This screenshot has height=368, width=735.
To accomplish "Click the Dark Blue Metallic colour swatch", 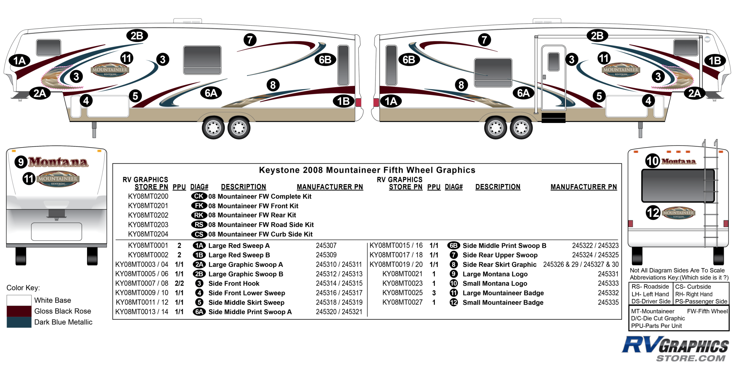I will point(19,322).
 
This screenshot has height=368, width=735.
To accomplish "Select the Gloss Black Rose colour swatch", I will point(19,311).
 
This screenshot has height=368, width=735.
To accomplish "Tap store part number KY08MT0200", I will point(148,196).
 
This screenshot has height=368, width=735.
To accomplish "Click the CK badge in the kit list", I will point(199,196).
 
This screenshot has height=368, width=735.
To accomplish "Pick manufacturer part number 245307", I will point(326,246).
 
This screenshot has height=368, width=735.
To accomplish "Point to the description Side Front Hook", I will point(234,284).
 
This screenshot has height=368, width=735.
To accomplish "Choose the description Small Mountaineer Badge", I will point(503,302).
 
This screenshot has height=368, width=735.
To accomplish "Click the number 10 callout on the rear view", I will point(652,161).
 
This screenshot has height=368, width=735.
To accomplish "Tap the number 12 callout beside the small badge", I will point(653,213).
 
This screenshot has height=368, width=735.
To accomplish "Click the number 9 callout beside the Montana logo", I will point(21,162).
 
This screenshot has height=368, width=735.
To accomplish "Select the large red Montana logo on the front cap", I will point(58,162).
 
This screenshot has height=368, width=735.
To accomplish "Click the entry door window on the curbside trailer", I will point(554,62).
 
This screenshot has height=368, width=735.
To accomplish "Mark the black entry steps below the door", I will point(553,117).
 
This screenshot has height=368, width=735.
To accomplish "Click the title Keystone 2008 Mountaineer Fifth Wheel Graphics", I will point(367,170).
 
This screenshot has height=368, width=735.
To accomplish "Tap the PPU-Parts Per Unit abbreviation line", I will point(656,326).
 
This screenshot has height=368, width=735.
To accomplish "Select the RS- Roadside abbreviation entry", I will point(650,287).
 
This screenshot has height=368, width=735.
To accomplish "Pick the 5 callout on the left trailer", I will point(135,96).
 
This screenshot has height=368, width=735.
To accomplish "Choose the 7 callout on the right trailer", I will point(484,39).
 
